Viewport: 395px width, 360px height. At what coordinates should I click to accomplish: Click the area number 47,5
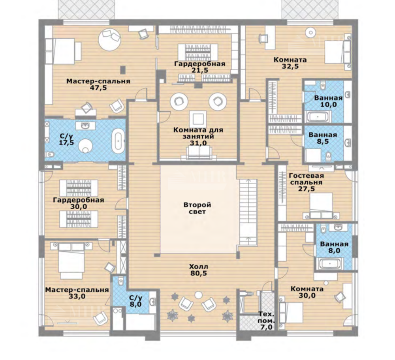pyautogui.click(x=98, y=88)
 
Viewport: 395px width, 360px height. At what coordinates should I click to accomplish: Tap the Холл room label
pyautogui.click(x=199, y=266)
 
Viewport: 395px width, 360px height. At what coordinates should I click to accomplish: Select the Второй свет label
pyautogui.click(x=197, y=208)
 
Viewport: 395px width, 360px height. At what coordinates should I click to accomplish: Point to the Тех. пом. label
pyautogui.click(x=267, y=318)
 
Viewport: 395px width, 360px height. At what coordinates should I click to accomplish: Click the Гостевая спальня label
pyautogui.click(x=306, y=179)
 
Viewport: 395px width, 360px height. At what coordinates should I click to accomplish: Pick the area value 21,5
pyautogui.click(x=200, y=70)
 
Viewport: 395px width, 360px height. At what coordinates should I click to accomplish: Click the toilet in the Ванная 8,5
pyautogui.click(x=329, y=156)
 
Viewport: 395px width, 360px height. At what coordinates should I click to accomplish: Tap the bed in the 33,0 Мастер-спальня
pyautogui.click(x=71, y=259)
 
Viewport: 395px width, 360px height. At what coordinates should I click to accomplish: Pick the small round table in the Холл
pyautogui.click(x=199, y=294)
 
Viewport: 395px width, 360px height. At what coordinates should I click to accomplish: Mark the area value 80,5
pyautogui.click(x=198, y=273)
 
